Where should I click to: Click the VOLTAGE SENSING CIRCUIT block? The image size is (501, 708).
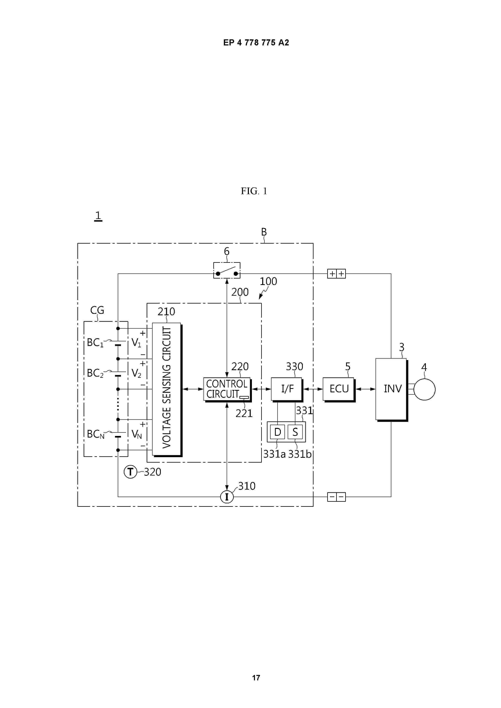point(167,389)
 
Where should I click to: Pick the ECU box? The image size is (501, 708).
point(339,390)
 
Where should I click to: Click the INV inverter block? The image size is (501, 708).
point(392,390)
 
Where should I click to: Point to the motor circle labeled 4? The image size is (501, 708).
point(424,390)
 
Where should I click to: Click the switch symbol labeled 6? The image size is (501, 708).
point(227,270)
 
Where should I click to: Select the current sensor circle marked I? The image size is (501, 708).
point(227,497)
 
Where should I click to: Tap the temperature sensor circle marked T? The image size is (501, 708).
point(130,472)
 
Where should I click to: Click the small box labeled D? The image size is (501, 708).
point(278,432)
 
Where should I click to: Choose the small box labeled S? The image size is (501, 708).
point(295,432)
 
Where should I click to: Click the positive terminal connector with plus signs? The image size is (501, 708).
point(337,273)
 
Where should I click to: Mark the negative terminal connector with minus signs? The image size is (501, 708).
point(337,497)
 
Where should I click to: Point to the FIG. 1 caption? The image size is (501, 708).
point(254,191)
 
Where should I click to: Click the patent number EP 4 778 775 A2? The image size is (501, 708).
point(256,43)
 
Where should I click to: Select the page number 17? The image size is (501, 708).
point(256,678)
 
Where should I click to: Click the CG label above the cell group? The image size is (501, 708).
point(97,310)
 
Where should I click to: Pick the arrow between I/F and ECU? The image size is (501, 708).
point(313,389)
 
